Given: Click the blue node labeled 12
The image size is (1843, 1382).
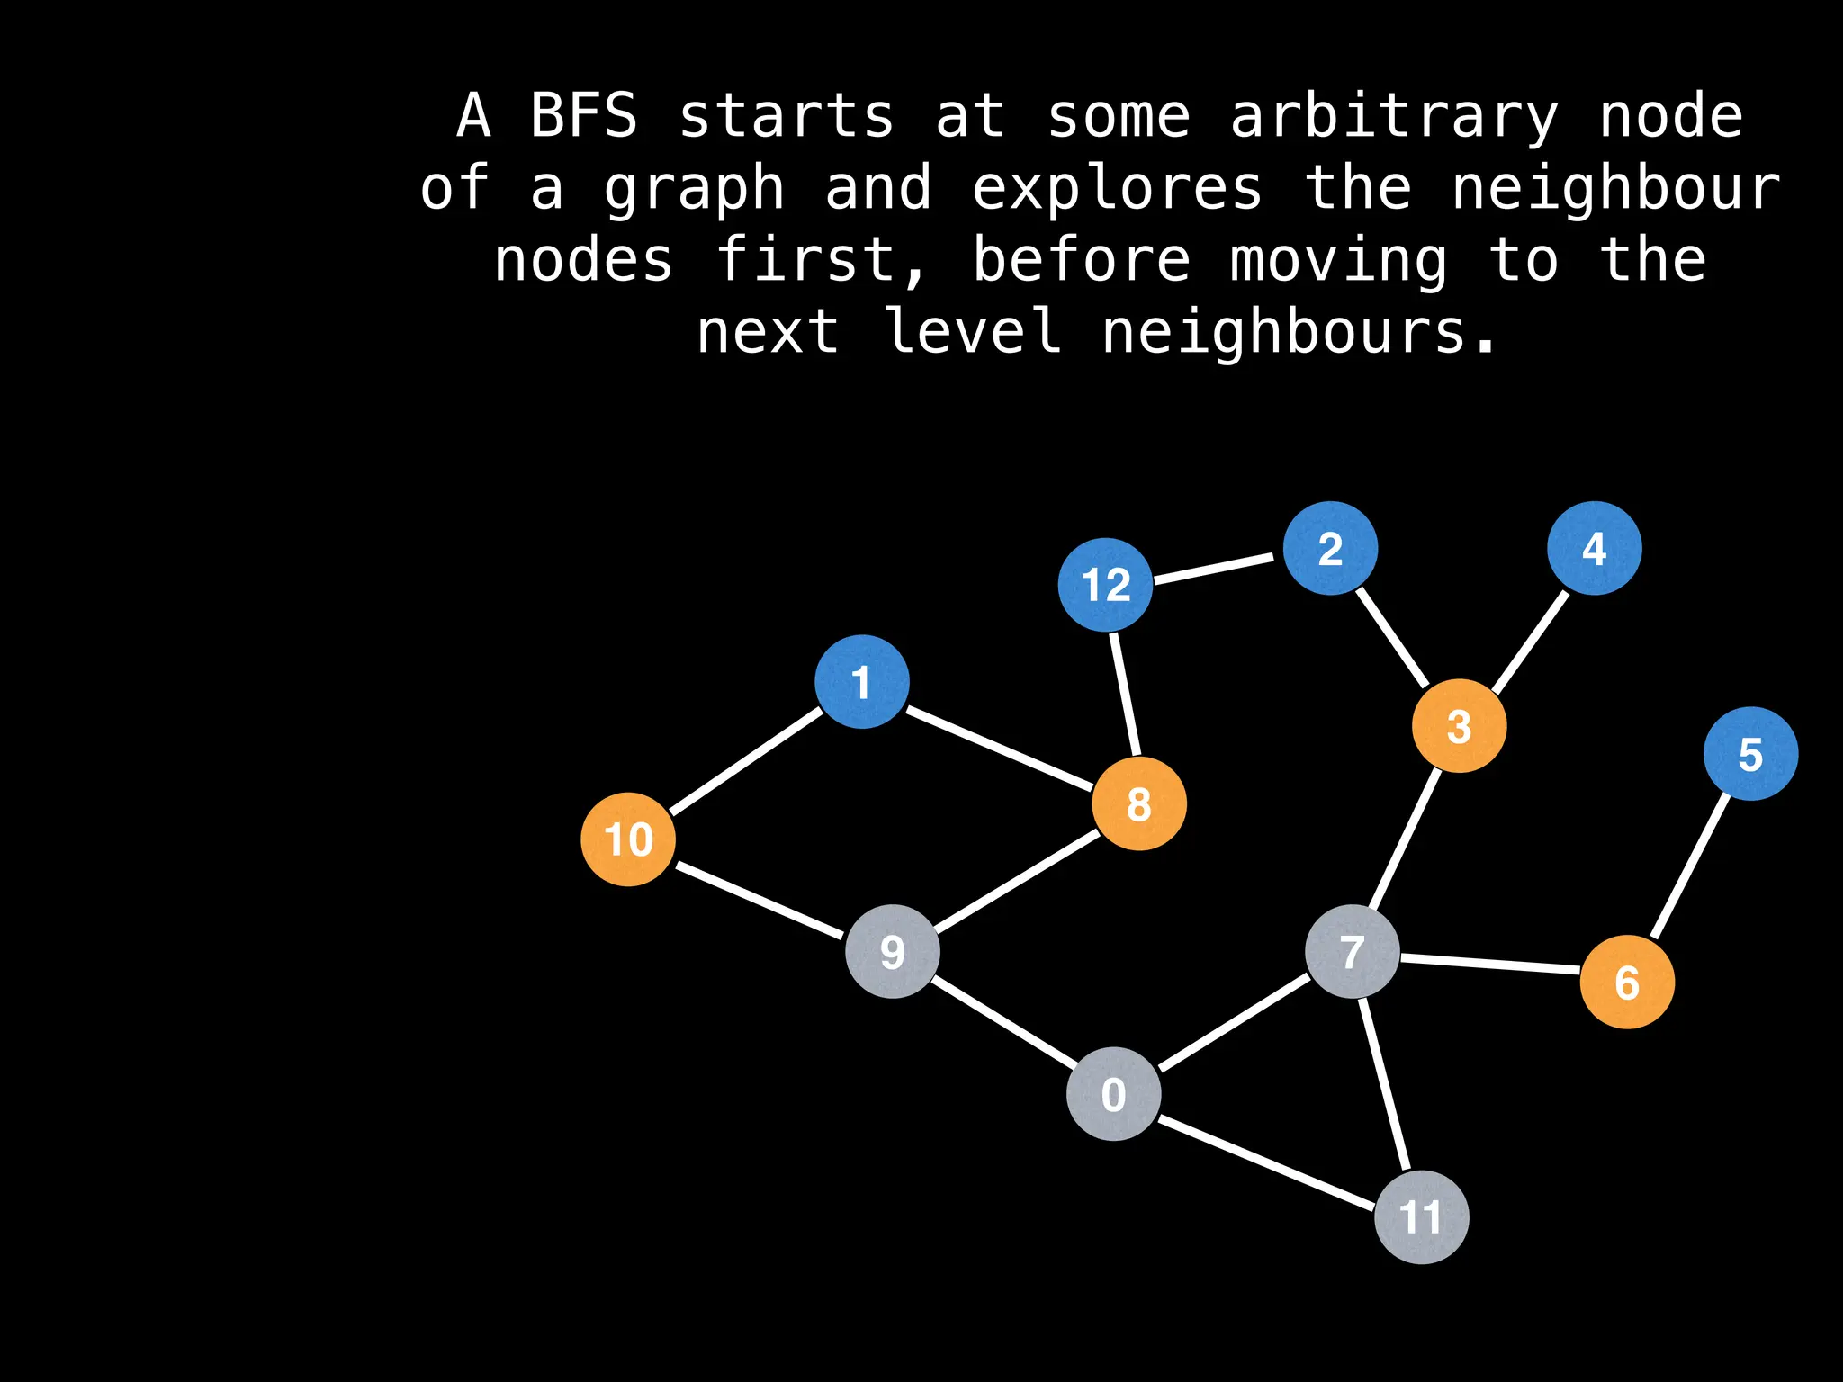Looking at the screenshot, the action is point(1105,585).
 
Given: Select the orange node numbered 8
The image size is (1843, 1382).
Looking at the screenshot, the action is point(1139,803).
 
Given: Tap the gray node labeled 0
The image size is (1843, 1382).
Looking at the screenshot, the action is point(1113,1094).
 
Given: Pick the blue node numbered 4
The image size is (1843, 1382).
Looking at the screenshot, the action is point(1595,548).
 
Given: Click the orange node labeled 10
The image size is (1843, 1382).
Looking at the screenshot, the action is point(628,839).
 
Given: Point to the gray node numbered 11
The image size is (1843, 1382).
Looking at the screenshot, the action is point(1422,1217).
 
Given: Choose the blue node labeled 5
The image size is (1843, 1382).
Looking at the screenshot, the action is point(1750,754).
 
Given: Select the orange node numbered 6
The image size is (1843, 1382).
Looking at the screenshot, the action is point(1627,982).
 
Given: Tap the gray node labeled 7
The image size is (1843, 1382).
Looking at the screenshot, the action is point(1353,952).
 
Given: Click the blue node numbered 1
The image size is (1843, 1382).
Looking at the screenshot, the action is point(862,681).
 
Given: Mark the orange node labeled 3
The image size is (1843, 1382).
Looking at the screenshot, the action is point(1459,726).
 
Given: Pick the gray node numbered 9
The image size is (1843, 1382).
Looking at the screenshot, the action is point(893,951).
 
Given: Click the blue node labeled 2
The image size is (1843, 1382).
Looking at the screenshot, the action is point(1330,548).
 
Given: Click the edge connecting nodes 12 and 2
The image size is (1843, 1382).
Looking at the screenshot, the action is point(1215,569).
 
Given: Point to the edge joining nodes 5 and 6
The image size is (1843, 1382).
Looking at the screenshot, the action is point(1690,866).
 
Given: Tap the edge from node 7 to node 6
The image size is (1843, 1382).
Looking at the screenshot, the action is point(1489,965).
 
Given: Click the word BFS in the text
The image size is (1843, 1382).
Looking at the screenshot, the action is point(583,117).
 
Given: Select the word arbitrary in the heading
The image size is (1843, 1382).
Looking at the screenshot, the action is point(1394,117).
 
